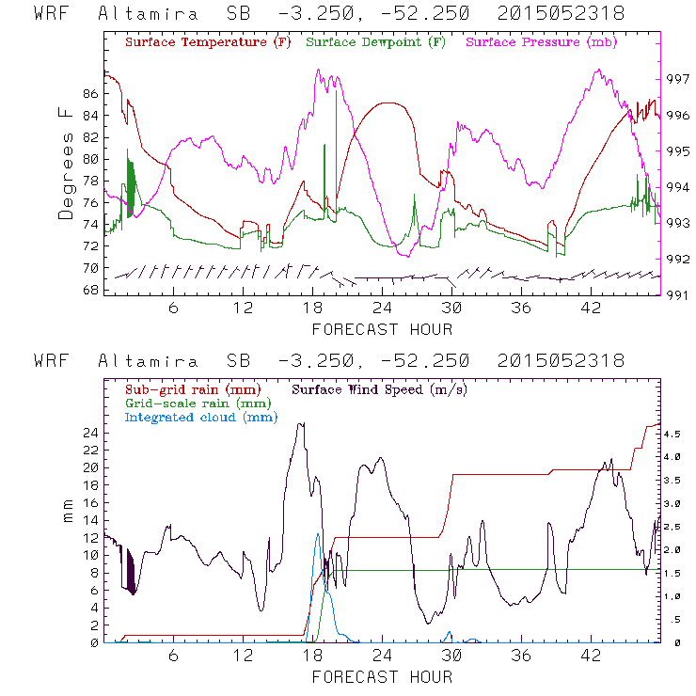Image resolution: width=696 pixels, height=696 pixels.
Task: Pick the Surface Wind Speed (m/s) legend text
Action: pos(381,388)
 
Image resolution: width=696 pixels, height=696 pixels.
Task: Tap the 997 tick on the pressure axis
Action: pos(678,79)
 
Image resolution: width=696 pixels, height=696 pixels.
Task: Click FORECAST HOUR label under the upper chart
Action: pos(382,329)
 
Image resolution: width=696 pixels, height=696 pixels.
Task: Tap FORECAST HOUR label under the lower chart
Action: pos(382,677)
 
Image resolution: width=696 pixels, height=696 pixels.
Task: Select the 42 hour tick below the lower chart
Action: pos(592,656)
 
